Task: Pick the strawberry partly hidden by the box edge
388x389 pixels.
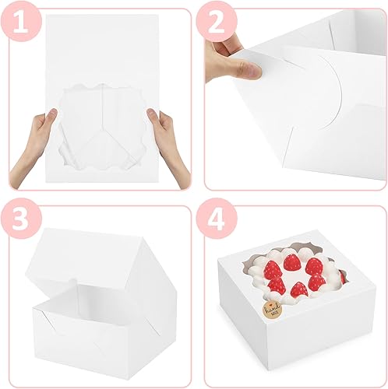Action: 342,276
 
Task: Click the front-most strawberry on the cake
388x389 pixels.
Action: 298,290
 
